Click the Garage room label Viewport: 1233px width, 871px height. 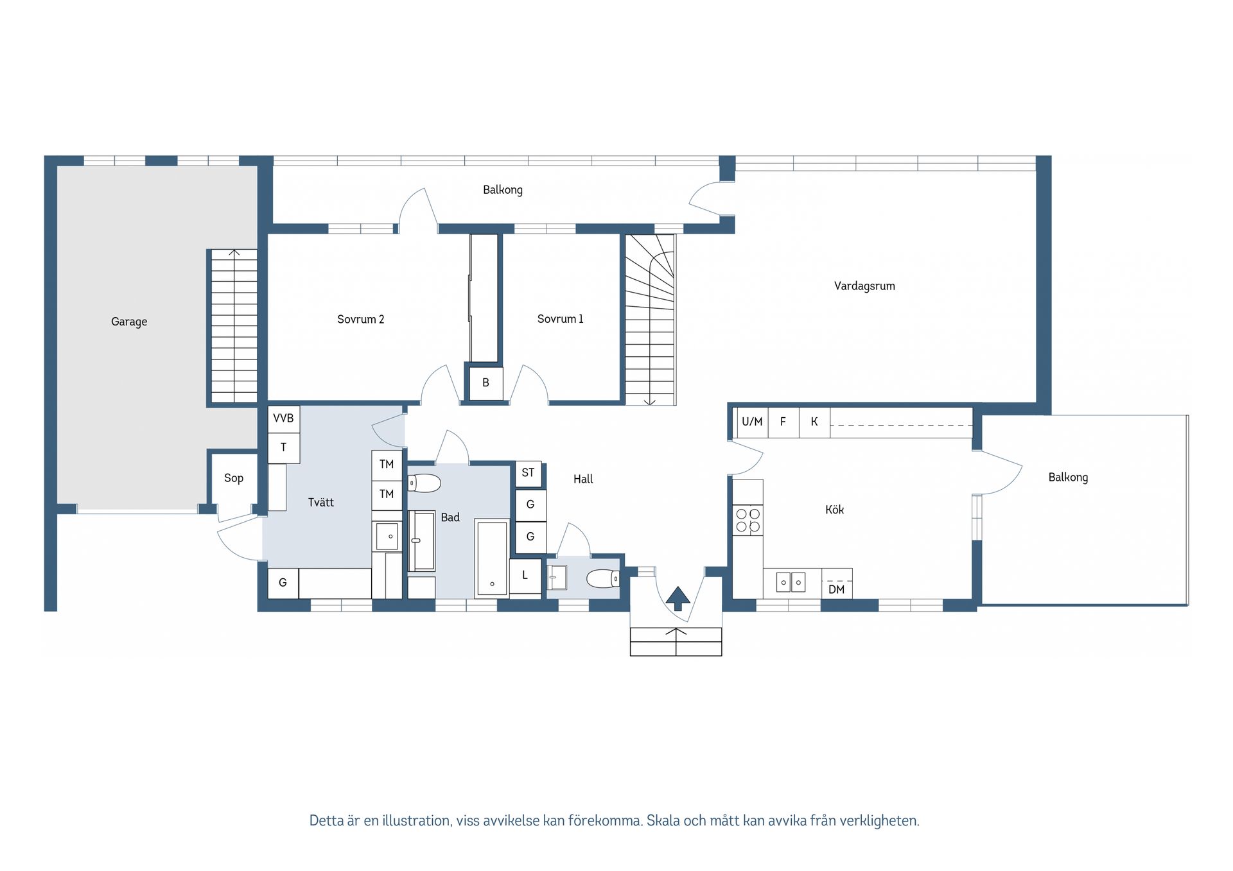pyautogui.click(x=129, y=322)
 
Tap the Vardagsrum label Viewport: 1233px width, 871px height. pyautogui.click(x=864, y=286)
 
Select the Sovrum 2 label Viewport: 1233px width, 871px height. pyautogui.click(x=360, y=319)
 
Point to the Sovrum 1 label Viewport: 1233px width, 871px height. pyautogui.click(x=560, y=319)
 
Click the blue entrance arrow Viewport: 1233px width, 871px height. pyautogui.click(x=678, y=598)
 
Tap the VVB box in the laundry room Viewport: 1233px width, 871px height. pyautogui.click(x=283, y=418)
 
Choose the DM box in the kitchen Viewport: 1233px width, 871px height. pyautogui.click(x=837, y=584)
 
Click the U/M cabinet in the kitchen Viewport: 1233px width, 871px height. pyautogui.click(x=752, y=422)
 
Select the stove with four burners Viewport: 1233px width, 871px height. pyautogui.click(x=748, y=521)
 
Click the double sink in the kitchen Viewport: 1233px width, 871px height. pyautogui.click(x=791, y=582)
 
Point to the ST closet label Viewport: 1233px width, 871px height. pyautogui.click(x=528, y=473)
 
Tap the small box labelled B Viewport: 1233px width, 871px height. pyautogui.click(x=485, y=383)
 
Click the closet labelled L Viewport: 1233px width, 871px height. pyautogui.click(x=525, y=576)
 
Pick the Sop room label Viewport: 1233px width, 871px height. pyautogui.click(x=234, y=478)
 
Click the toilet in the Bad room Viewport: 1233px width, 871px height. pyautogui.click(x=424, y=483)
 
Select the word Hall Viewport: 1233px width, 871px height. pyautogui.click(x=583, y=479)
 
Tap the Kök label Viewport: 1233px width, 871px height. pyautogui.click(x=834, y=510)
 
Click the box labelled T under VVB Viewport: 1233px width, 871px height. pyautogui.click(x=283, y=448)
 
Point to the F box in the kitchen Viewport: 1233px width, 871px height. pyautogui.click(x=783, y=422)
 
